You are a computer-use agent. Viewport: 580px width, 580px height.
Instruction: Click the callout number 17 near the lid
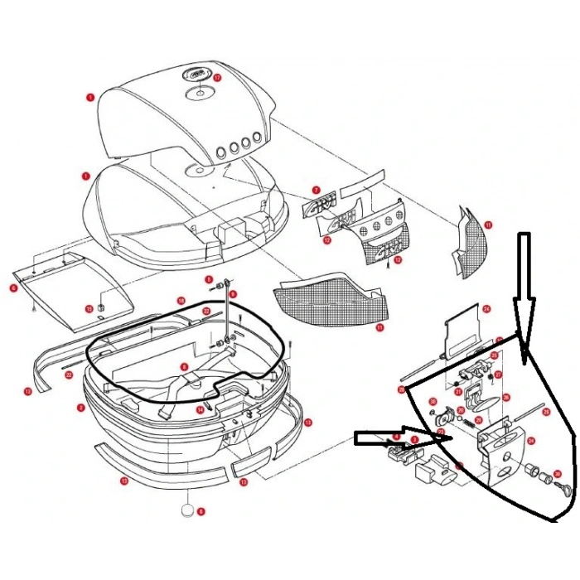[218, 78]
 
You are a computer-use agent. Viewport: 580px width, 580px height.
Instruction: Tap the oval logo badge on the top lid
[198, 76]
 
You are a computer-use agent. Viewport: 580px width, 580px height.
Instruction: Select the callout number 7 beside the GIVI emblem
[316, 191]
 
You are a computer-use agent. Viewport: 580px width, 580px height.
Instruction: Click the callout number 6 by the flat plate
[14, 288]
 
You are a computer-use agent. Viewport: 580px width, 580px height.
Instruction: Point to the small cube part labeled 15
[100, 308]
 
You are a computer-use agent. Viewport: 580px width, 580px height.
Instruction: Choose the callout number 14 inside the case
[200, 408]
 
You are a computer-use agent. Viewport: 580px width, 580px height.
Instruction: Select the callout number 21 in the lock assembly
[458, 391]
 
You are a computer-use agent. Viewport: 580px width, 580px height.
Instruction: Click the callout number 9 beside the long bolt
[234, 293]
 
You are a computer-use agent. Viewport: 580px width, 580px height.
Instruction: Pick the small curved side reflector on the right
[467, 240]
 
